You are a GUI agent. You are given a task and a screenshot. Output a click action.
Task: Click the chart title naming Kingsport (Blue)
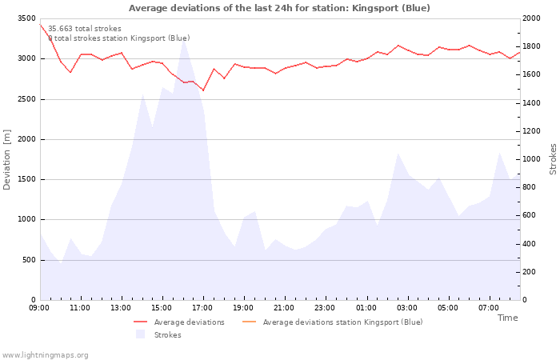click(279, 8)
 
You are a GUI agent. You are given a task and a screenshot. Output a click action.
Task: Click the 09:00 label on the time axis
click(39, 308)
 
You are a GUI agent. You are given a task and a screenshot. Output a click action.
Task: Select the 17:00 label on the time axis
click(202, 308)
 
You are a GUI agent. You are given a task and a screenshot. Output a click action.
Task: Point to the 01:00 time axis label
click(366, 308)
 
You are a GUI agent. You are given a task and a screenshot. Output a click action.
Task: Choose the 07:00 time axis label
click(489, 308)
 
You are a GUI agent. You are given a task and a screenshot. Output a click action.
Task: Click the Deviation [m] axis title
click(7, 159)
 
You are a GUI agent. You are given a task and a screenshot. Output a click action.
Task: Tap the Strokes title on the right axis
click(553, 159)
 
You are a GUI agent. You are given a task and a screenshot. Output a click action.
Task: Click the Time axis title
click(507, 318)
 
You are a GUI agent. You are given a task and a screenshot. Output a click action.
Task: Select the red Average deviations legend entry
click(179, 322)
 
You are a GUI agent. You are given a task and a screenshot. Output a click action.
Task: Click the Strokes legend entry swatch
click(141, 334)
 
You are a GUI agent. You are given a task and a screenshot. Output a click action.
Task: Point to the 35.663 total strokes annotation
click(85, 29)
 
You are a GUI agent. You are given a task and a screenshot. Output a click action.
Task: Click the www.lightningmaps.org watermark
click(45, 355)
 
